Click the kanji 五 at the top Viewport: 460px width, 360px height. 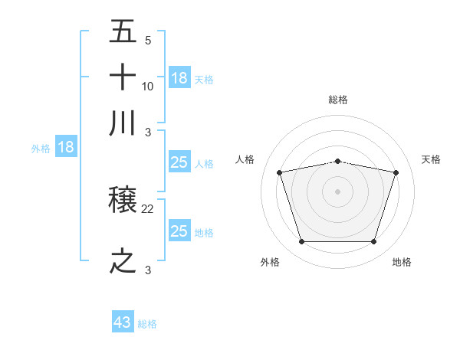123,32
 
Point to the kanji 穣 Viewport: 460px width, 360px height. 123,202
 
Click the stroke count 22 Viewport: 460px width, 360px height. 148,209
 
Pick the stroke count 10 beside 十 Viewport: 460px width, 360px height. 148,87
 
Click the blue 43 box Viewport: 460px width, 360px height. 123,322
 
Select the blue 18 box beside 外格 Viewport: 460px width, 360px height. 65,147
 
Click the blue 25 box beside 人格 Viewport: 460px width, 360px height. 179,162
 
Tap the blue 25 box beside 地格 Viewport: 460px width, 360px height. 179,231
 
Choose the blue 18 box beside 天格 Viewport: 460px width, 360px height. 179,77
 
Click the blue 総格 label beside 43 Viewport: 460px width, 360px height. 148,324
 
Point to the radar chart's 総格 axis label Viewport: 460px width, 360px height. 338,100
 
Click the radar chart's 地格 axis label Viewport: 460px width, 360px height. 402,262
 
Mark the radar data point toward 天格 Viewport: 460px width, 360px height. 396,172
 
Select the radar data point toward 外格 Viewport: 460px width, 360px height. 301,242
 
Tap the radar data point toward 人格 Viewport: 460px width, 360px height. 280,172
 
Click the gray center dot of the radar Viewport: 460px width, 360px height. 338,191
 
